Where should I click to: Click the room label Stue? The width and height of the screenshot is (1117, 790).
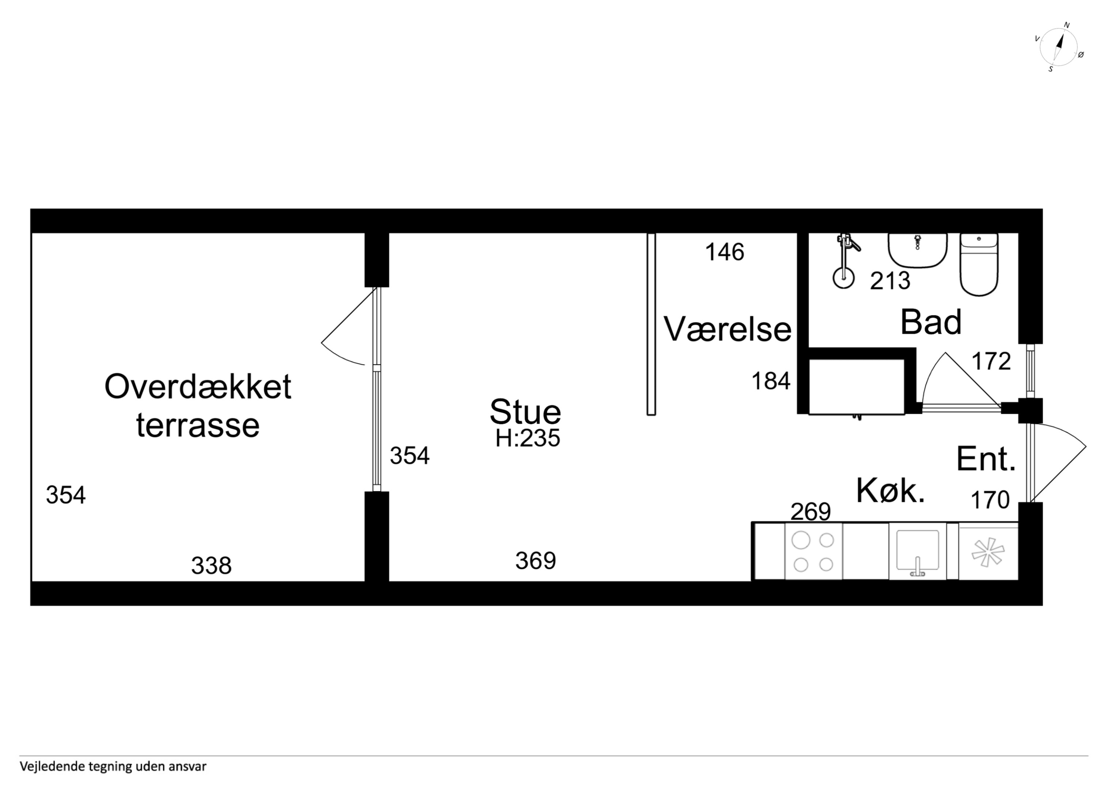525,412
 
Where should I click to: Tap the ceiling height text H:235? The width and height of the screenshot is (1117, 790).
528,438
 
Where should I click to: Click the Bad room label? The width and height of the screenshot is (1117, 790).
931,322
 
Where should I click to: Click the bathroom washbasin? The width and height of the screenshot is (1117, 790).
917,250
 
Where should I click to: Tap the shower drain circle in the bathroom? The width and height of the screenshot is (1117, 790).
844,278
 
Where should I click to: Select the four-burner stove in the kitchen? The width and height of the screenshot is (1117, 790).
814,552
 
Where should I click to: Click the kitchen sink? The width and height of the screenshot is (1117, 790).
917,552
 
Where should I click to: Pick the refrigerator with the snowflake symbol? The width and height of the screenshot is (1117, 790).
988,552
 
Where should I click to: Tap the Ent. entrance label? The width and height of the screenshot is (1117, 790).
986,459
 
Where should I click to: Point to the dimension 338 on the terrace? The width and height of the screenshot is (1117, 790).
211,565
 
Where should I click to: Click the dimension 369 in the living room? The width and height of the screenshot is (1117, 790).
536,561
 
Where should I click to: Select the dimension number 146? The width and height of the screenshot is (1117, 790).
724,252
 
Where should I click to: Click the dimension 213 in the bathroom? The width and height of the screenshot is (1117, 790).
890,281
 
